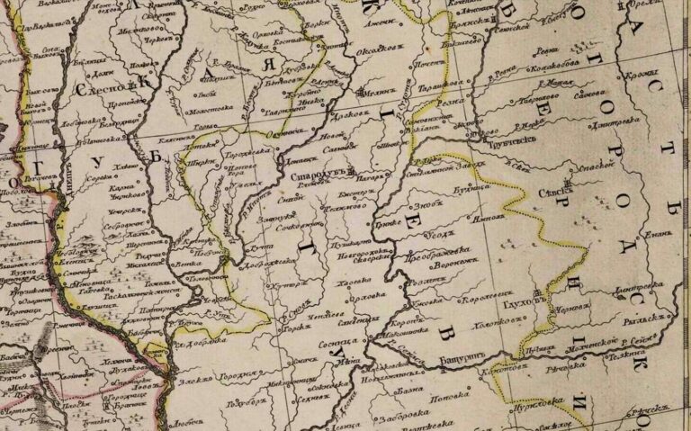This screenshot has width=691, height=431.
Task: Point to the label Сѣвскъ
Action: coord(558,192)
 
